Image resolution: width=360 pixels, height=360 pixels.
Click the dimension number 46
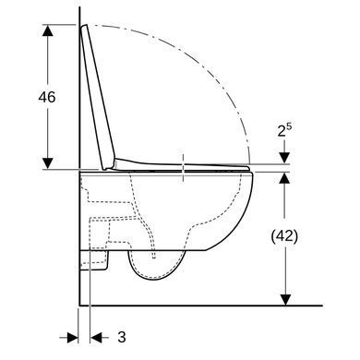47,97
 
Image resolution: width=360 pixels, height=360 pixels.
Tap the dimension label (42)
284,236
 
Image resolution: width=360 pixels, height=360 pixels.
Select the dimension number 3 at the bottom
122,337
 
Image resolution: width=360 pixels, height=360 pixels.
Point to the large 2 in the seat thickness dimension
282,130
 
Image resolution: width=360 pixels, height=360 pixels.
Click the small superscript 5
289,126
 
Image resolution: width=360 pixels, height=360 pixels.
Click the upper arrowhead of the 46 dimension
48,30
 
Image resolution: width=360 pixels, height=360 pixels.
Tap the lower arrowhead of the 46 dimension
48,163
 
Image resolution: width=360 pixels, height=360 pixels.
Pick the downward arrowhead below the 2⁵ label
285,158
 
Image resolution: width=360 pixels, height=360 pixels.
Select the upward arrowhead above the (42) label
285,178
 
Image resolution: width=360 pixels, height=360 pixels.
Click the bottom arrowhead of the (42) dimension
286,300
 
